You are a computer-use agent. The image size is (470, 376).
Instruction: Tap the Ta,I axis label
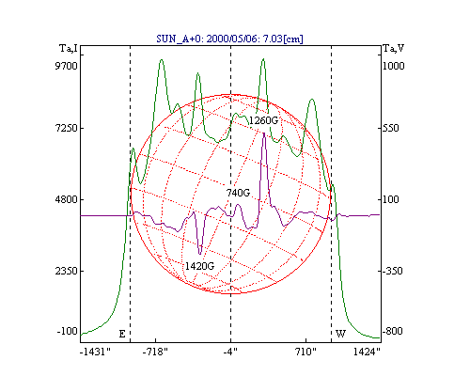coord(69,49)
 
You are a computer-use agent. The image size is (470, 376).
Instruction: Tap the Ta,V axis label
coord(394,49)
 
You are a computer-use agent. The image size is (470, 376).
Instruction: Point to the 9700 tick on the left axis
coord(66,66)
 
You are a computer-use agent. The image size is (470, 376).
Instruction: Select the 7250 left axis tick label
coord(66,128)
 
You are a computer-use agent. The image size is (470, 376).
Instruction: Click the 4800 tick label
coord(66,199)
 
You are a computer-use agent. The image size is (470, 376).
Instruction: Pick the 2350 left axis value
coord(66,271)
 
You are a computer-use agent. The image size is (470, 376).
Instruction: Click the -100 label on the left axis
coord(67,331)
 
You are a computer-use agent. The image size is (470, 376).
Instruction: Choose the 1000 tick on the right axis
coord(394,66)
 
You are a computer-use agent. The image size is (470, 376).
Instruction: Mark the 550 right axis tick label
coord(391,128)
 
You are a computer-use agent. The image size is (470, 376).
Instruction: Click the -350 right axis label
coord(393,271)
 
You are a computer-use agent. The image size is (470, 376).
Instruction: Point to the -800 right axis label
coord(393,331)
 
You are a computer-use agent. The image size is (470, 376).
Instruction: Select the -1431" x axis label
coord(95,352)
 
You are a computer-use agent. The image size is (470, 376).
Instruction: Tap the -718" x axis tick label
coord(155,352)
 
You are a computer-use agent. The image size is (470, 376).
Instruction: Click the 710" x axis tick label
coord(305,352)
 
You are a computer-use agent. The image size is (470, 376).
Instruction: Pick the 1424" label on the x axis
coord(367,352)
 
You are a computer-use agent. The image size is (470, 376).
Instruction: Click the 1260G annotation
coord(263,120)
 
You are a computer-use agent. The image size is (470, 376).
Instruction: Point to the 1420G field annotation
coord(199,266)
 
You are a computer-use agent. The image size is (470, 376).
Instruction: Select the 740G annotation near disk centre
coord(238,193)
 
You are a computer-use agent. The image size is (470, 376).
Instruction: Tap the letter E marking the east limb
coord(122,334)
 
